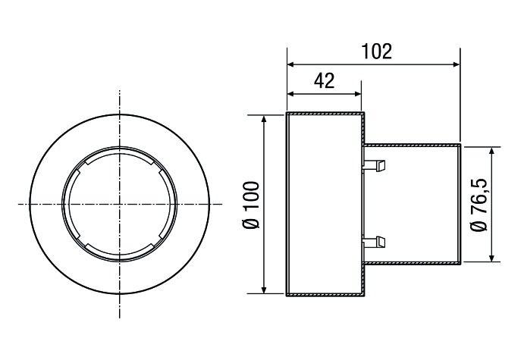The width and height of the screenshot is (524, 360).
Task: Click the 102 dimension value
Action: [377, 52]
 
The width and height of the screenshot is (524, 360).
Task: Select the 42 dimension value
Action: [324, 80]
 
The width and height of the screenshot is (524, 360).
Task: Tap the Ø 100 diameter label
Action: [251, 205]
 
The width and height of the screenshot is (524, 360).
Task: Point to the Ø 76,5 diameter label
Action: [479, 205]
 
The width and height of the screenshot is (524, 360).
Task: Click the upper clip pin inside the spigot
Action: [375, 166]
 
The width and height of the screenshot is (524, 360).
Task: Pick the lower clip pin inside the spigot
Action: [375, 242]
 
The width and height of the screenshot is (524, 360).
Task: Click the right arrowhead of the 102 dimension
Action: [457, 64]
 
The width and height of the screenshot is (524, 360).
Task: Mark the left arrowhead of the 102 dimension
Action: [291, 64]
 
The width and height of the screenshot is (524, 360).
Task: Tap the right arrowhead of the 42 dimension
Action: [357, 94]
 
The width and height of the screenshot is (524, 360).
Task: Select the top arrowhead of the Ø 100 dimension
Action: [265, 120]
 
